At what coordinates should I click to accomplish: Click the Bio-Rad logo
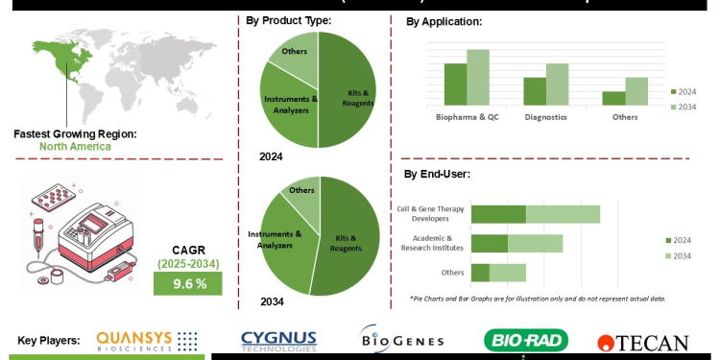525,340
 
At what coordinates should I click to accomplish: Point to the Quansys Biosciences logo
147,340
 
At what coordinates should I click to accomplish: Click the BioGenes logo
402,340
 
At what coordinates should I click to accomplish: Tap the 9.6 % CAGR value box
187,284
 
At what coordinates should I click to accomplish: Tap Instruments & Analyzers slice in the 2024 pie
286,106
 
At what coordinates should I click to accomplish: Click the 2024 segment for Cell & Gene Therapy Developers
497,214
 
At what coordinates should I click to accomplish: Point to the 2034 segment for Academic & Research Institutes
535,243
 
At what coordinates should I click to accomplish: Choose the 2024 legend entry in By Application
683,91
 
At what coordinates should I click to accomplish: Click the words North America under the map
75,146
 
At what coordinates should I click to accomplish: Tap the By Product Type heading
289,20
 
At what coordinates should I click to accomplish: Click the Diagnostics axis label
546,116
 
